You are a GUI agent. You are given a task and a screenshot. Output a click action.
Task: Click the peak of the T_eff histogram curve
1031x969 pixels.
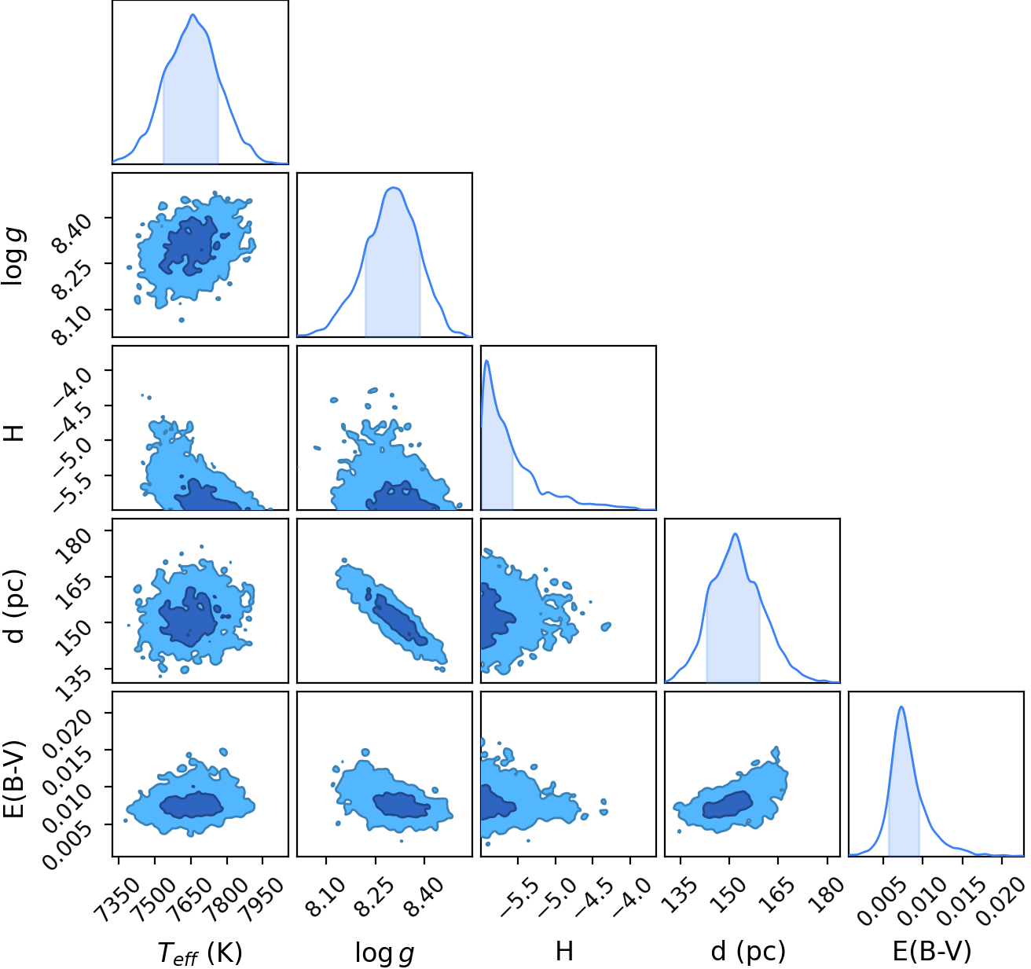(x=193, y=14)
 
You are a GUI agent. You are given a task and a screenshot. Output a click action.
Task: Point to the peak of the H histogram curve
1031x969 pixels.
(x=487, y=361)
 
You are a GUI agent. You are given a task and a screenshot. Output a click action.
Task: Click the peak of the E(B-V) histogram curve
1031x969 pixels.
(x=901, y=707)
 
